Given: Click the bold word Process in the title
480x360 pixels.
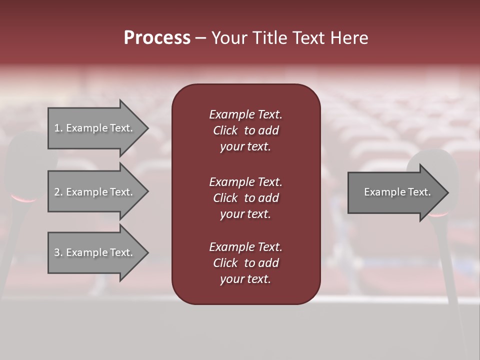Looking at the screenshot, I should [157, 38].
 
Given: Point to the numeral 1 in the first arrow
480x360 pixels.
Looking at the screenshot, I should [57, 128].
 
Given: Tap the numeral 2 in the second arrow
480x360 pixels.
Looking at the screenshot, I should [57, 192].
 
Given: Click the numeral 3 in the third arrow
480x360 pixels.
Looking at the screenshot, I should [57, 252].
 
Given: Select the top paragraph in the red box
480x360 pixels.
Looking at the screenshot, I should [245, 130].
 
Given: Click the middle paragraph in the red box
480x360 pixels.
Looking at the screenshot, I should [245, 198].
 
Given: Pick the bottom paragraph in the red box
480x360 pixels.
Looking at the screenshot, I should [245, 263].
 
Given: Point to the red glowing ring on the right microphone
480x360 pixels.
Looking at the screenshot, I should [438, 214].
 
